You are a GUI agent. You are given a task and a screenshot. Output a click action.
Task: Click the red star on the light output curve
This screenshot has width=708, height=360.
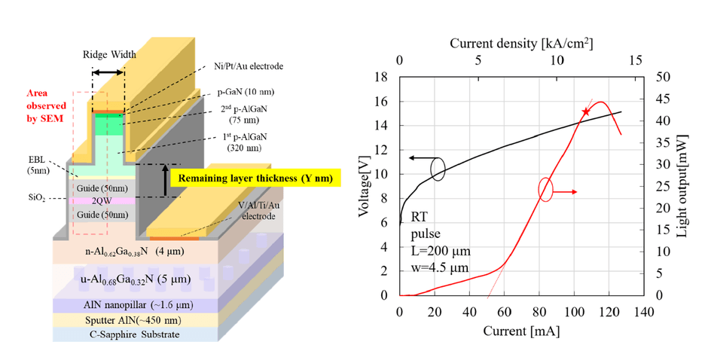tap(586, 111)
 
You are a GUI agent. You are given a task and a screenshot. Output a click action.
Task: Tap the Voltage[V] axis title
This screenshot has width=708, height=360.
tap(364, 186)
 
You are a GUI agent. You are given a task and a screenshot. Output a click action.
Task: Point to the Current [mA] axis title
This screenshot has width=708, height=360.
tap(521, 331)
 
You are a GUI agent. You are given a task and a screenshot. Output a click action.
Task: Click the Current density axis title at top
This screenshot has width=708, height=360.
tap(521, 44)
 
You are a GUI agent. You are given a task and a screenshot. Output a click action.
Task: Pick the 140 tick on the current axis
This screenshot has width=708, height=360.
tap(643, 312)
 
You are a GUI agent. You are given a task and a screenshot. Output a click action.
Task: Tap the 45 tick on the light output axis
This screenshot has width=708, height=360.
tap(664, 99)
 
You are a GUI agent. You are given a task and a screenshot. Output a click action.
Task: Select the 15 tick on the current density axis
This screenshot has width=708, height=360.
tap(635, 60)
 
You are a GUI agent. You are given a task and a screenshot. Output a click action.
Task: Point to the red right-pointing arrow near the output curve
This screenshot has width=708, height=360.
tap(564, 192)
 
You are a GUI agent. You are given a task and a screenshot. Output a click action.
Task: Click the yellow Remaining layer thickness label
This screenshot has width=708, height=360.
tap(255, 178)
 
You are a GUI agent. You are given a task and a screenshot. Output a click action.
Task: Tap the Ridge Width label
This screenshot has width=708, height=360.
tap(109, 55)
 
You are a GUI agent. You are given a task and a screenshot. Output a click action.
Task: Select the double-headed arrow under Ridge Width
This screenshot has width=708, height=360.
tap(108, 72)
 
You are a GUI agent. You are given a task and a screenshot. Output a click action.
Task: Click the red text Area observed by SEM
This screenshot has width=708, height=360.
tap(46, 105)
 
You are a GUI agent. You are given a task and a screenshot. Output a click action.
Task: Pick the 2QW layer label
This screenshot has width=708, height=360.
tap(102, 201)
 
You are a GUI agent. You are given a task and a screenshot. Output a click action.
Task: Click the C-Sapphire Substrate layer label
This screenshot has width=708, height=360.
tap(133, 334)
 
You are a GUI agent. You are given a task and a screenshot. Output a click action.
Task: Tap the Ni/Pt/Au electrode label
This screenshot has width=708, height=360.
tap(249, 66)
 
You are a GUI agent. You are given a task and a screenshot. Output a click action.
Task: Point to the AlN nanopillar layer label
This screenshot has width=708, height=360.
tap(138, 305)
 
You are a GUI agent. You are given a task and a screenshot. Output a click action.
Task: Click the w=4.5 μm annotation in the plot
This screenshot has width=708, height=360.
tap(440, 267)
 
